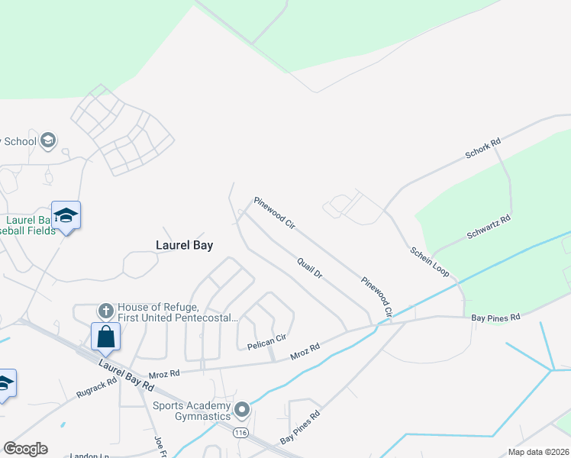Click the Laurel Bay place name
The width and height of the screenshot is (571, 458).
[x=184, y=246]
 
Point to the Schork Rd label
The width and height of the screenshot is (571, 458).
[x=483, y=149]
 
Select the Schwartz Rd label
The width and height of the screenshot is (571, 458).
[x=489, y=227]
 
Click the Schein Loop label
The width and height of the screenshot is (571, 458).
[x=429, y=261]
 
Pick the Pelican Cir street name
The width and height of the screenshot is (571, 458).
[x=266, y=342]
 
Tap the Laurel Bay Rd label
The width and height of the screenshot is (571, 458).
[x=124, y=374]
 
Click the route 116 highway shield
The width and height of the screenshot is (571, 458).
[x=242, y=433]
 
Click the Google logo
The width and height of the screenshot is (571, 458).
[x=25, y=449]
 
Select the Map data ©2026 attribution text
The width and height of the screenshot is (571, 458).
[x=539, y=452]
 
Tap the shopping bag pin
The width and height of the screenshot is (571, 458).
[x=105, y=337]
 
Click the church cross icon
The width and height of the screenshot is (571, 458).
[x=105, y=311]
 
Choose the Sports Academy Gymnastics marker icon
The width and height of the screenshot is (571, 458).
[x=242, y=411]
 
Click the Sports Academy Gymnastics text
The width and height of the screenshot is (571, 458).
[x=192, y=411]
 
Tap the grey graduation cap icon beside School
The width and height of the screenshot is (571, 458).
[x=48, y=141]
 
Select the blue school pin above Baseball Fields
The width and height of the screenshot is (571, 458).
[x=66, y=215]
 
